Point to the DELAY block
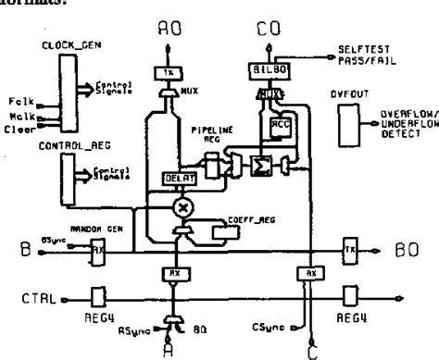pos(175,176)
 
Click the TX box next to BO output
pos(348,250)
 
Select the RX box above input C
pos(313,273)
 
